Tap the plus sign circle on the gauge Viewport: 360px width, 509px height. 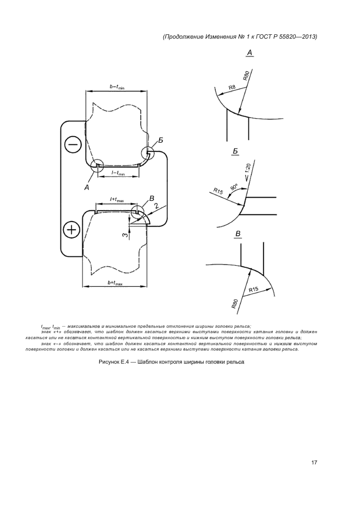71,230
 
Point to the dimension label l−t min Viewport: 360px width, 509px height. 118,173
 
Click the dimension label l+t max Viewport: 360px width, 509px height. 117,200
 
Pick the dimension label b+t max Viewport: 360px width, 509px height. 115,283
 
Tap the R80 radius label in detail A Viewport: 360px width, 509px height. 246,76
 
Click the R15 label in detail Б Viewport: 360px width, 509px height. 219,192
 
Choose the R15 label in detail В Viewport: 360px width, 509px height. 253,290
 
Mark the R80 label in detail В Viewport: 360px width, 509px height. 235,303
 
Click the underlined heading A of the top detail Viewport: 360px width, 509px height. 249,53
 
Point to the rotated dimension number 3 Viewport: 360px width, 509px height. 125,235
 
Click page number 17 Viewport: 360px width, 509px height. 314,463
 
